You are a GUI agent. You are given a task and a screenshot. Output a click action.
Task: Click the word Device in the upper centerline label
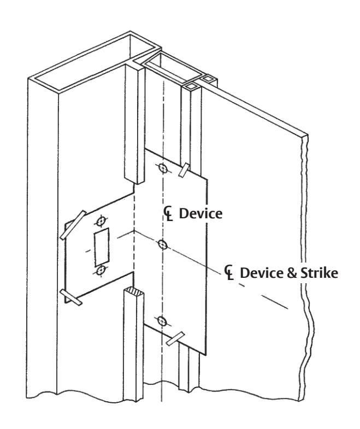pyautogui.click(x=200, y=213)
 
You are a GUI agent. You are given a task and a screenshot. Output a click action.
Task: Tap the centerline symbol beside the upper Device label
pyautogui.click(x=168, y=213)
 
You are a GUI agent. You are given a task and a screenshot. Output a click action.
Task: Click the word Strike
pyautogui.click(x=319, y=273)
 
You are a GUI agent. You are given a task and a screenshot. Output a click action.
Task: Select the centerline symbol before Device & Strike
pyautogui.click(x=229, y=273)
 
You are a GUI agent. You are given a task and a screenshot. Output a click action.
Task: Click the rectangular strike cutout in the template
pyautogui.click(x=102, y=247)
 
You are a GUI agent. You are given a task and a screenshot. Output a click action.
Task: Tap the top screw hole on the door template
pyautogui.click(x=163, y=168)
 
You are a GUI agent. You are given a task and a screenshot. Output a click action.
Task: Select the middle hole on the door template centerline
pyautogui.click(x=163, y=245)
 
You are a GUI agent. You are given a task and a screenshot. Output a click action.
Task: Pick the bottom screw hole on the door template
pyautogui.click(x=163, y=321)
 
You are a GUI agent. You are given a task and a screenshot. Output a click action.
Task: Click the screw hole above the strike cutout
pyautogui.click(x=101, y=221)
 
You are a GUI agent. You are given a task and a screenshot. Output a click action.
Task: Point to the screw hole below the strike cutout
pyautogui.click(x=101, y=271)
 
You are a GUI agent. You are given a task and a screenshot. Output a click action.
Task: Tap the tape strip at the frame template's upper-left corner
pyautogui.click(x=73, y=225)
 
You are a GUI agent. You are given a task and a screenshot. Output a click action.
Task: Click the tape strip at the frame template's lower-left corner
pyautogui.click(x=71, y=297)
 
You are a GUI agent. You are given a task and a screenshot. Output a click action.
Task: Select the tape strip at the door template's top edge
pyautogui.click(x=184, y=170)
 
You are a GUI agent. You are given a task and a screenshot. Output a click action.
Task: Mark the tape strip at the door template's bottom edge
pyautogui.click(x=175, y=339)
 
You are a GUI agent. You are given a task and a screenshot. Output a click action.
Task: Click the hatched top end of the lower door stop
pyautogui.click(x=134, y=291)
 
